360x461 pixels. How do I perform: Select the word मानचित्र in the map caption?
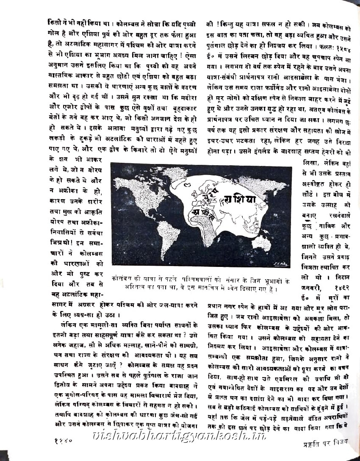(225, 289)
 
